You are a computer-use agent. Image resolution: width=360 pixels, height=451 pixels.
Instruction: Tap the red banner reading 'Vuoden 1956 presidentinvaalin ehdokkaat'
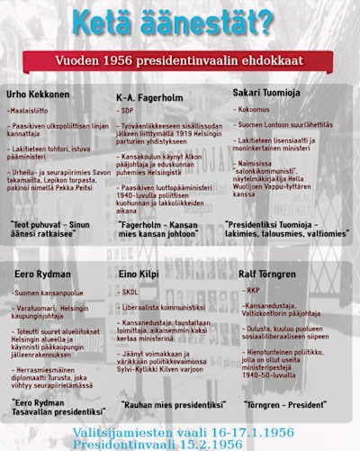point(180,61)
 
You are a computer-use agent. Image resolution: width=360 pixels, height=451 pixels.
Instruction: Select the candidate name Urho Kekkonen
point(40,94)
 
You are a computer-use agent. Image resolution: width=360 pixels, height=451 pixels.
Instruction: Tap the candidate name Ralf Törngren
point(269,273)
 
